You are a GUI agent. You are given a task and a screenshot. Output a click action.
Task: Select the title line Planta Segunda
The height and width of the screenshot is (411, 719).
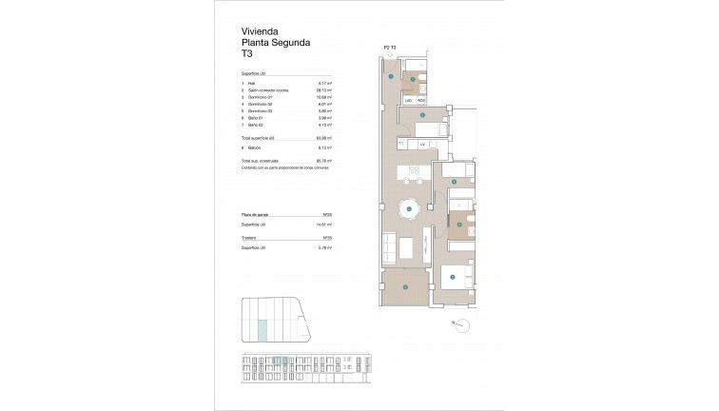(276, 43)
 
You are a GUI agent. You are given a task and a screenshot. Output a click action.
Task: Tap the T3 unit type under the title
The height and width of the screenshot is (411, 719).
(249, 55)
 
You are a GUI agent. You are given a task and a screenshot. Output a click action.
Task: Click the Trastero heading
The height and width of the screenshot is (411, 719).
(250, 236)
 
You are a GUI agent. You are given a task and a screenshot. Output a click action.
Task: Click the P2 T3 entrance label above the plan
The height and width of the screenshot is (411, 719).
(389, 46)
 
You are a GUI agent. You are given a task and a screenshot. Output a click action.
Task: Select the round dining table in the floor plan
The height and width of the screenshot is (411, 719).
(408, 208)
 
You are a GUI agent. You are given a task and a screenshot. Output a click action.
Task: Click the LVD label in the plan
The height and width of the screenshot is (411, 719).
(409, 99)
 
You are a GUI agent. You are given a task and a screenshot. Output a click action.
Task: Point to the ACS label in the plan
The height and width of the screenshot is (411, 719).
(421, 99)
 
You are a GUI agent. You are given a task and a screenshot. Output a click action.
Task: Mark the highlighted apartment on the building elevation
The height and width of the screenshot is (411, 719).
(279, 361)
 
